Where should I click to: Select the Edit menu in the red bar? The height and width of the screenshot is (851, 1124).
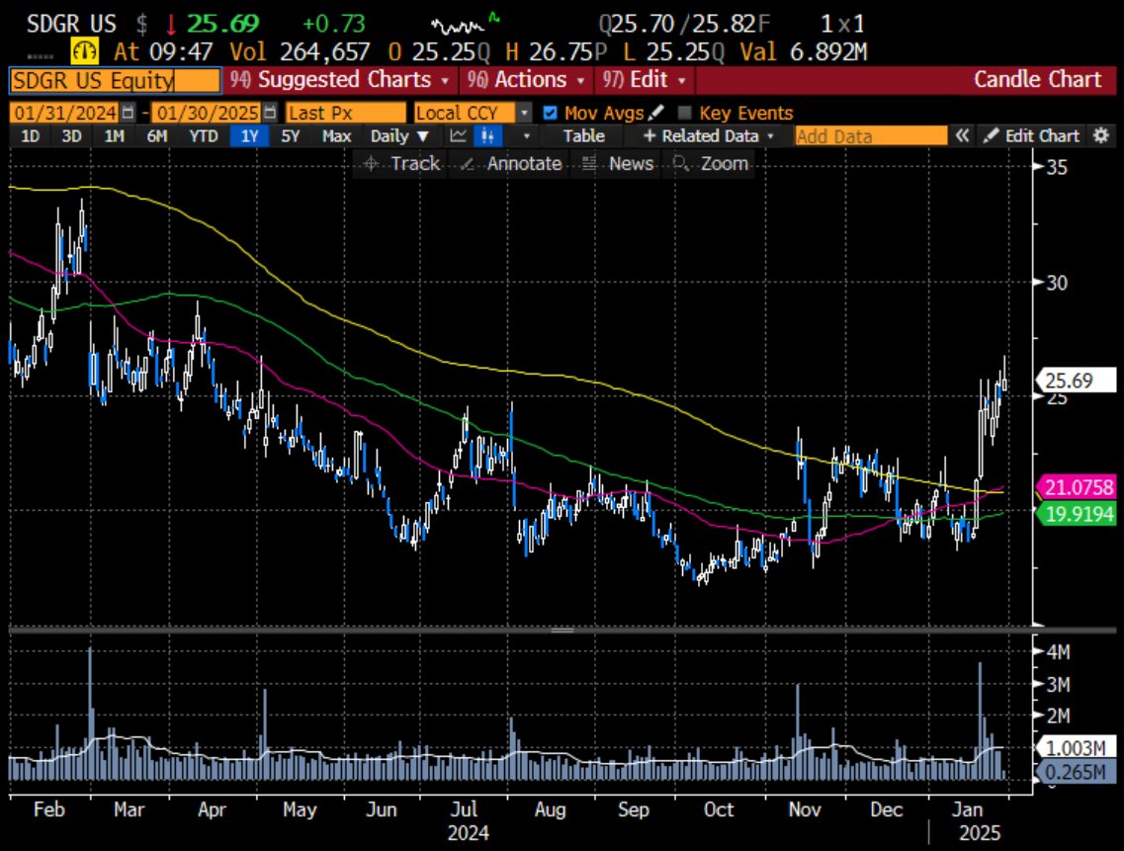(643, 80)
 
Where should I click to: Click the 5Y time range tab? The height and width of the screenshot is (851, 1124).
(290, 136)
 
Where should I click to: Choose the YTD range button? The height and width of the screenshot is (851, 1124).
(203, 136)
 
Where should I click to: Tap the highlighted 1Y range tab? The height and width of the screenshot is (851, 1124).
(247, 136)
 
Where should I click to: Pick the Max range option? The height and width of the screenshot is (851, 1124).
(336, 136)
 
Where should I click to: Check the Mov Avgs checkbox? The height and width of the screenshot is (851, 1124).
(551, 113)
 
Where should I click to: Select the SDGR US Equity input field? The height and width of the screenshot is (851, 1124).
(113, 81)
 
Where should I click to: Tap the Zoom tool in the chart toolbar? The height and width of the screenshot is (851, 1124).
(712, 164)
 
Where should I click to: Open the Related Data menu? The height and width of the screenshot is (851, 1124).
(709, 136)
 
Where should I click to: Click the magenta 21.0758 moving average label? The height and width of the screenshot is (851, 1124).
(1080, 487)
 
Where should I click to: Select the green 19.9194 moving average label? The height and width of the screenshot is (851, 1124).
(1080, 512)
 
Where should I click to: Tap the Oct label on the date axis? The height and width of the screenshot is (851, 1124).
(718, 809)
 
